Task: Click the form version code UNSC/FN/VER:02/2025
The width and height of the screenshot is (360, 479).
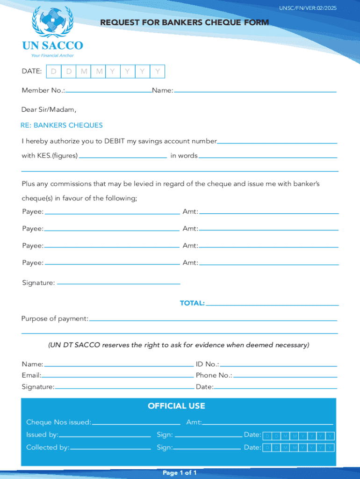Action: (x=308, y=8)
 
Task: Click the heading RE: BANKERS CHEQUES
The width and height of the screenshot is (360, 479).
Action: (x=62, y=125)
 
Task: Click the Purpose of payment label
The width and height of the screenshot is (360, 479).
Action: (x=55, y=319)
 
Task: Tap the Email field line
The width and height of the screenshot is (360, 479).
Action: (x=117, y=375)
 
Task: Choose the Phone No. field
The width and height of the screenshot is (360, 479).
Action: (x=285, y=375)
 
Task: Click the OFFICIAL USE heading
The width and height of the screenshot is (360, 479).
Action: (x=176, y=406)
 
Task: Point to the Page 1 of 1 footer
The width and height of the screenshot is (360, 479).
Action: (x=180, y=473)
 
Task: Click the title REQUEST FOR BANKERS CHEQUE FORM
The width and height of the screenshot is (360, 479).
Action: (x=184, y=22)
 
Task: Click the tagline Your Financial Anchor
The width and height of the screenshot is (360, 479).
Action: (x=52, y=55)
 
